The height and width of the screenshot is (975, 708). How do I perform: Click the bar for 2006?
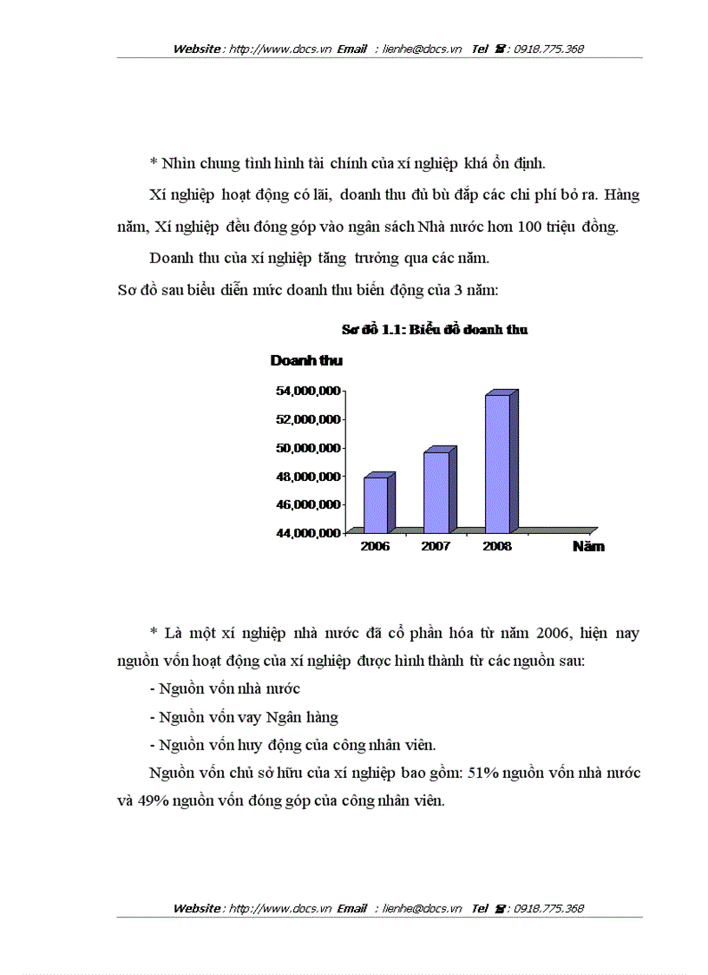click(x=376, y=504)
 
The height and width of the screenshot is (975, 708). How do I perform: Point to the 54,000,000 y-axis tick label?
click(x=307, y=392)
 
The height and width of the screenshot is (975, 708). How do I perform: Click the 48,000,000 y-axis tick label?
click(x=307, y=477)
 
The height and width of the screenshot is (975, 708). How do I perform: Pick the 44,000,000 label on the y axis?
click(x=307, y=533)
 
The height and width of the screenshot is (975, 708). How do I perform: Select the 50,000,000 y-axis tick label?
click(x=307, y=448)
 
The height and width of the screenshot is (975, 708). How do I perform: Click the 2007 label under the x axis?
click(x=436, y=547)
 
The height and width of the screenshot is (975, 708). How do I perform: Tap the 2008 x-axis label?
click(x=497, y=547)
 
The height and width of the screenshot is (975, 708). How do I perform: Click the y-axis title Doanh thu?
click(x=306, y=360)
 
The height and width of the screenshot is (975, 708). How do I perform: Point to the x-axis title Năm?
click(x=588, y=547)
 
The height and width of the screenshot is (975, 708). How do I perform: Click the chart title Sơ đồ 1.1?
click(x=435, y=330)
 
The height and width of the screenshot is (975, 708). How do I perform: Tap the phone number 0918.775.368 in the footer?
click(x=548, y=909)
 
